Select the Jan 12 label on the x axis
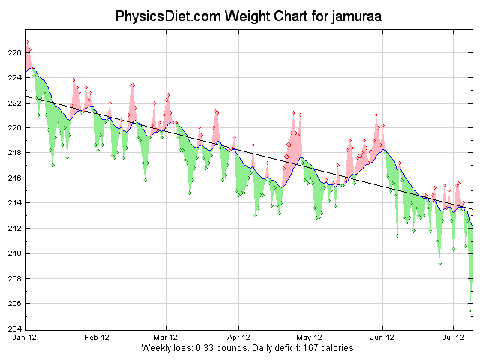(25, 338)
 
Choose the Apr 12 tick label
(239, 338)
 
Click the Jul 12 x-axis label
(453, 338)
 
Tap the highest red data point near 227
(26, 41)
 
